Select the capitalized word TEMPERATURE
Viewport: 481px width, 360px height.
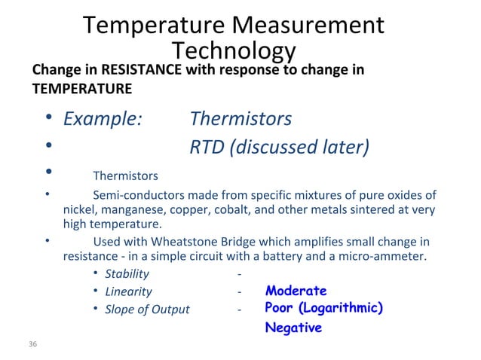point(81,89)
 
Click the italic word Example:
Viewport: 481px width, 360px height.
point(103,119)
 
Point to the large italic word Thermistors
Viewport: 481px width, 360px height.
point(240,119)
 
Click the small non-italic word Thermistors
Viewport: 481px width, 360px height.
point(125,176)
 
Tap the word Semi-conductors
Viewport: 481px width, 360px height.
point(138,196)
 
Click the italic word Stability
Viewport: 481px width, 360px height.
point(127,273)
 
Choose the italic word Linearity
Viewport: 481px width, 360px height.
point(128,291)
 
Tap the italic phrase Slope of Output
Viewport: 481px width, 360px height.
point(147,310)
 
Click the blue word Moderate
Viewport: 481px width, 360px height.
point(296,291)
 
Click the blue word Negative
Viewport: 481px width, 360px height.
point(293,328)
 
